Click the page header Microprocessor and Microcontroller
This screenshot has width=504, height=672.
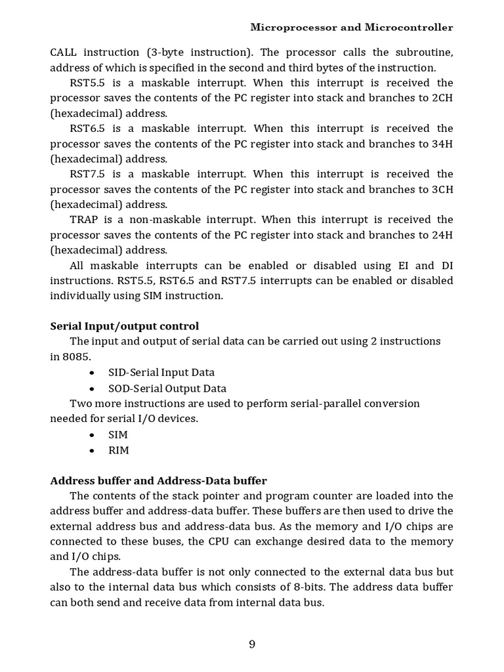point(352,28)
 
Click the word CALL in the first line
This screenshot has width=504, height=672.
point(65,52)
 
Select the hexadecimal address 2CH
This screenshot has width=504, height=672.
point(442,98)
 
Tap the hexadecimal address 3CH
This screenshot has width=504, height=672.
point(442,189)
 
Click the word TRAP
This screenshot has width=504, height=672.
point(84,219)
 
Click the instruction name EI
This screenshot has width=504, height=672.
point(404,265)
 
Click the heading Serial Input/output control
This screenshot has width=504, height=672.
point(125,326)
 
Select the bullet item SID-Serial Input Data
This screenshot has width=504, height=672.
point(161,373)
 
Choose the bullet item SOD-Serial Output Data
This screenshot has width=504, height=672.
point(167,388)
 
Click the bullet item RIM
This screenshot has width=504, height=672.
point(119,450)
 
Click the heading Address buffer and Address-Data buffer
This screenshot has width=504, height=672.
point(159,480)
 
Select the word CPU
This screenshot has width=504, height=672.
point(220,541)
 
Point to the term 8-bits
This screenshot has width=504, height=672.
point(348,587)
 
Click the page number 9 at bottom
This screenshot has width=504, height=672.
point(252,644)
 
